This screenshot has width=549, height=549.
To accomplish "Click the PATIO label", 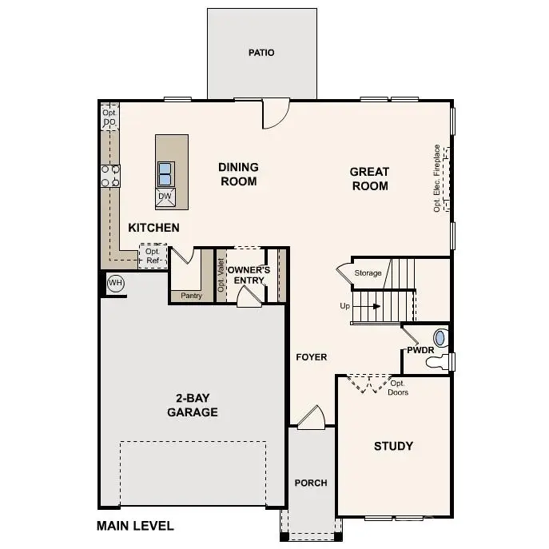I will pos(261,53).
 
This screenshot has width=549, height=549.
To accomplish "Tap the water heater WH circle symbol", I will pos(116,283).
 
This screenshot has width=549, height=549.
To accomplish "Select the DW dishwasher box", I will pos(165,197).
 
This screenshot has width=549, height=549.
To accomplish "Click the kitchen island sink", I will pos(165,173).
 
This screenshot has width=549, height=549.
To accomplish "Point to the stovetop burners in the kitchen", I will pos(109,176).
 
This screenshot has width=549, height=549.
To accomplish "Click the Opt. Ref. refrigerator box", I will pos(152,256).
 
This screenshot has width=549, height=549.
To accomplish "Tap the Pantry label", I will pos(191,296).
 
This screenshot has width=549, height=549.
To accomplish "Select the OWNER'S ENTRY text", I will pos(249,275).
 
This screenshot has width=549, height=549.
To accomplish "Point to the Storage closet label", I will pos(368,273).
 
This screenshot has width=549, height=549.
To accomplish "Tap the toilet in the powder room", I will pos(438,362).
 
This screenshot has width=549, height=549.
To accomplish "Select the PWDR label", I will pos(420,349).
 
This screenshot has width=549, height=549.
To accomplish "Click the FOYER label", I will pos(311,357).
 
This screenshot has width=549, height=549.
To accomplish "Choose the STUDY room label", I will pos(393,446).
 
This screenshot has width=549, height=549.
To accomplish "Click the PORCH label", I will pos(311,483).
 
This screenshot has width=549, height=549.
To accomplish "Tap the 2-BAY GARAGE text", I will pos(192,405).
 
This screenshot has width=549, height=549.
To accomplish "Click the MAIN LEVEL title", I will pos(135,526).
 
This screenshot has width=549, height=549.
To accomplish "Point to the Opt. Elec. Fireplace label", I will pos(436,177).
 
